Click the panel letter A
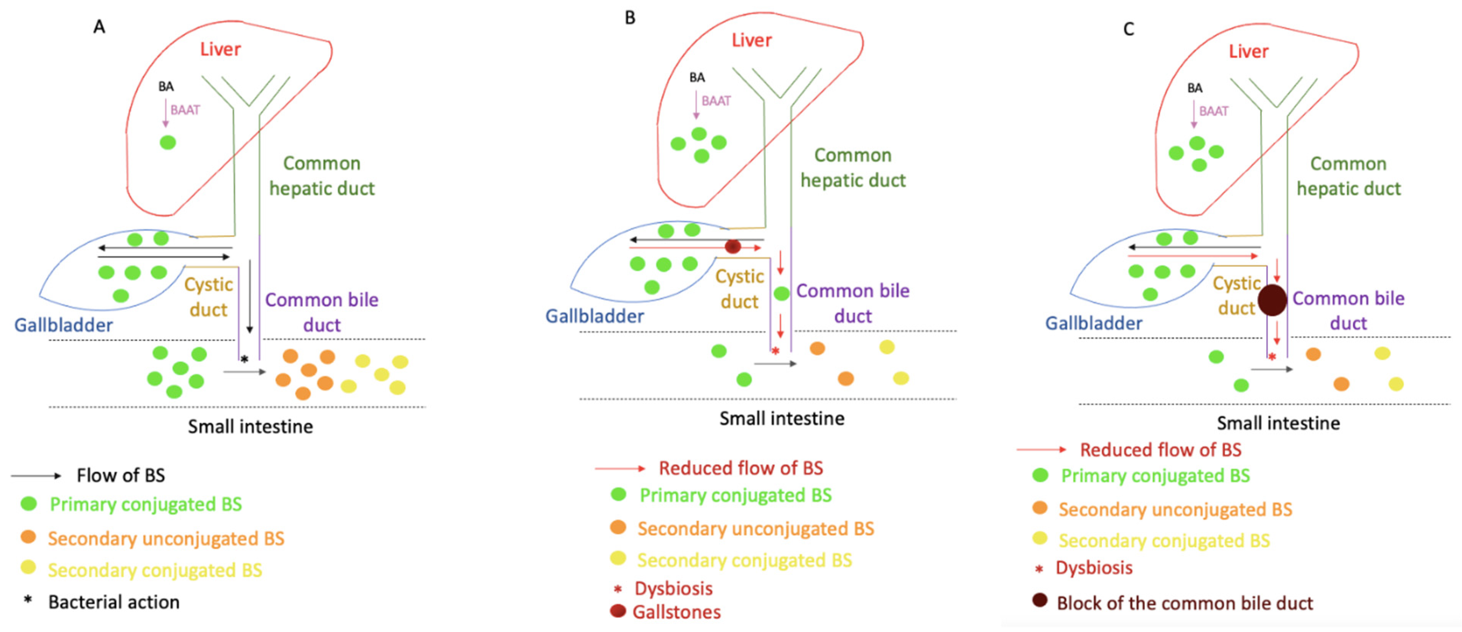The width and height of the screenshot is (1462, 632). pyautogui.click(x=99, y=27)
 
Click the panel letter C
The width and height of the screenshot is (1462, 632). pyautogui.click(x=1128, y=29)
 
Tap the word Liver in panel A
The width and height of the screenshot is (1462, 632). pyautogui.click(x=220, y=49)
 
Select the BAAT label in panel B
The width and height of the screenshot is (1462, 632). pyautogui.click(x=716, y=101)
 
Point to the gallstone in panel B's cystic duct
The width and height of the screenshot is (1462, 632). pyautogui.click(x=733, y=247)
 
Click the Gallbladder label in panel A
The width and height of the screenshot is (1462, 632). pyautogui.click(x=63, y=325)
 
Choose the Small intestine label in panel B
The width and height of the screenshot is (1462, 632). pyautogui.click(x=781, y=419)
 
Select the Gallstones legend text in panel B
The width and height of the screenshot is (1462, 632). pyautogui.click(x=676, y=612)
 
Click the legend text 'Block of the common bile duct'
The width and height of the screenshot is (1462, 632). pyautogui.click(x=1185, y=603)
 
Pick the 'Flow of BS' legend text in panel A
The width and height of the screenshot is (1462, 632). pyautogui.click(x=121, y=475)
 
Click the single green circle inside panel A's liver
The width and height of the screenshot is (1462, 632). pyautogui.click(x=167, y=143)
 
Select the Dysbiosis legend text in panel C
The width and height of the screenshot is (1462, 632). pyautogui.click(x=1094, y=568)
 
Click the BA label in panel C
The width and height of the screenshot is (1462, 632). pyautogui.click(x=1195, y=88)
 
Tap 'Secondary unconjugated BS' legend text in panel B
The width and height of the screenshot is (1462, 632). pyautogui.click(x=755, y=529)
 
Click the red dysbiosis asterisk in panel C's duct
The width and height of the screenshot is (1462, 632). pyautogui.click(x=1272, y=357)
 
